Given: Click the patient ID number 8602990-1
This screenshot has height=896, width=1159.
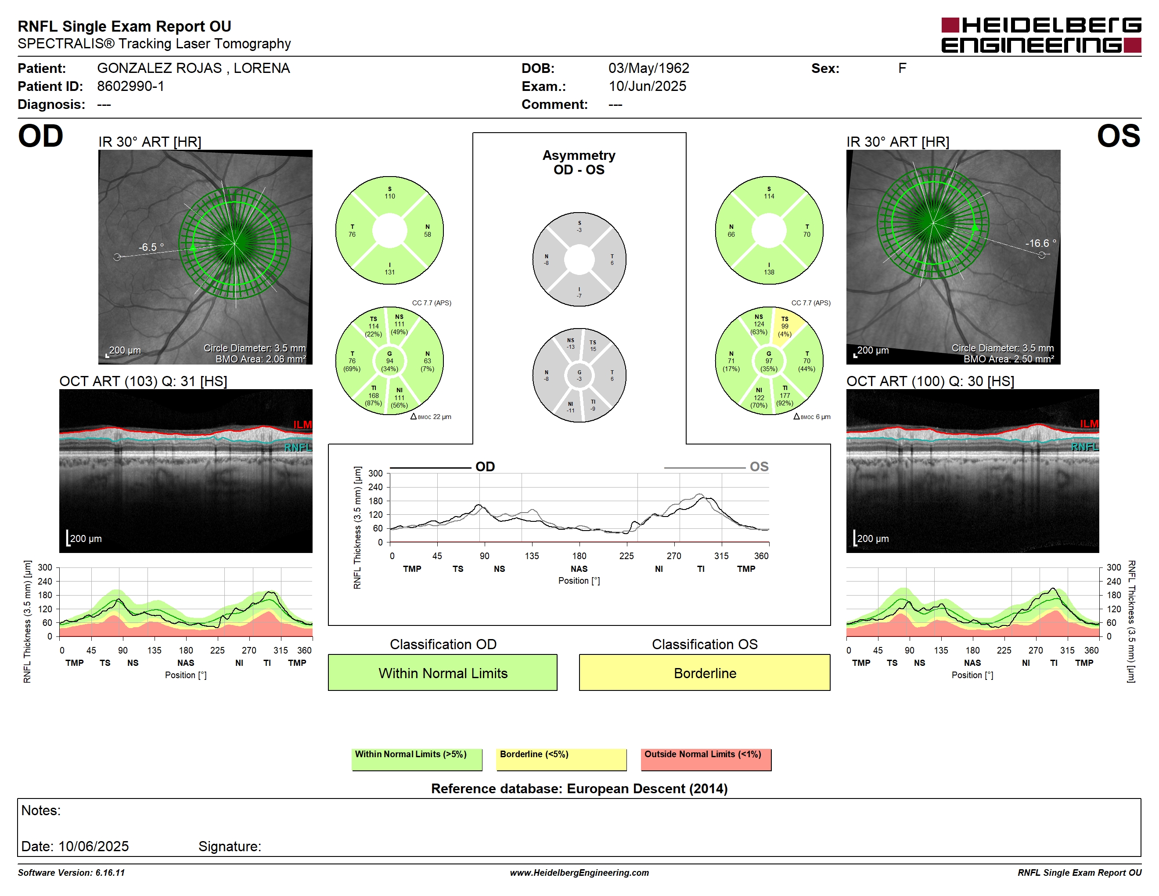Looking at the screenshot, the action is click(130, 86).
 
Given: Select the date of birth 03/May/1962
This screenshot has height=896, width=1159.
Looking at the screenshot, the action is click(648, 68).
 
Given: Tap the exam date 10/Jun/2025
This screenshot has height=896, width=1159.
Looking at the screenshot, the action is click(647, 86).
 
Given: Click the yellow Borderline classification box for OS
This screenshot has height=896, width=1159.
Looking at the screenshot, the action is click(704, 672).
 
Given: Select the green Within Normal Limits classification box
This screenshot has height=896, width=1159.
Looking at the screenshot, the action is click(443, 672).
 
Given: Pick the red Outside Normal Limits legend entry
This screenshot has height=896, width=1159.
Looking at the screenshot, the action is click(706, 759).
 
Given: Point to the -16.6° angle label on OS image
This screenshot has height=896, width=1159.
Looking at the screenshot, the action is click(1040, 243).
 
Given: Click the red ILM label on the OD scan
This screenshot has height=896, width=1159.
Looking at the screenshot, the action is click(302, 425).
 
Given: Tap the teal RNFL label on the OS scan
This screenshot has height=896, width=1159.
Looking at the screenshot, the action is click(1085, 447).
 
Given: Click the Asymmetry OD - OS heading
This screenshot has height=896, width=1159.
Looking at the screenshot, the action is click(579, 163).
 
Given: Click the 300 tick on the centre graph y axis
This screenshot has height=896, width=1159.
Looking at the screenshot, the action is click(375, 473).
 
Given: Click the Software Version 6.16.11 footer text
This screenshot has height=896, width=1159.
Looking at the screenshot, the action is click(71, 873).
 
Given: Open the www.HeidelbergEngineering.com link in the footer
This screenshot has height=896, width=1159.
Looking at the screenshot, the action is click(579, 873).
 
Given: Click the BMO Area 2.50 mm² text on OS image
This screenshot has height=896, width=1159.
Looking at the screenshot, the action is click(1008, 359).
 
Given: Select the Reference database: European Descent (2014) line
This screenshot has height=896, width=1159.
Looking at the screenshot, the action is click(579, 789).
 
